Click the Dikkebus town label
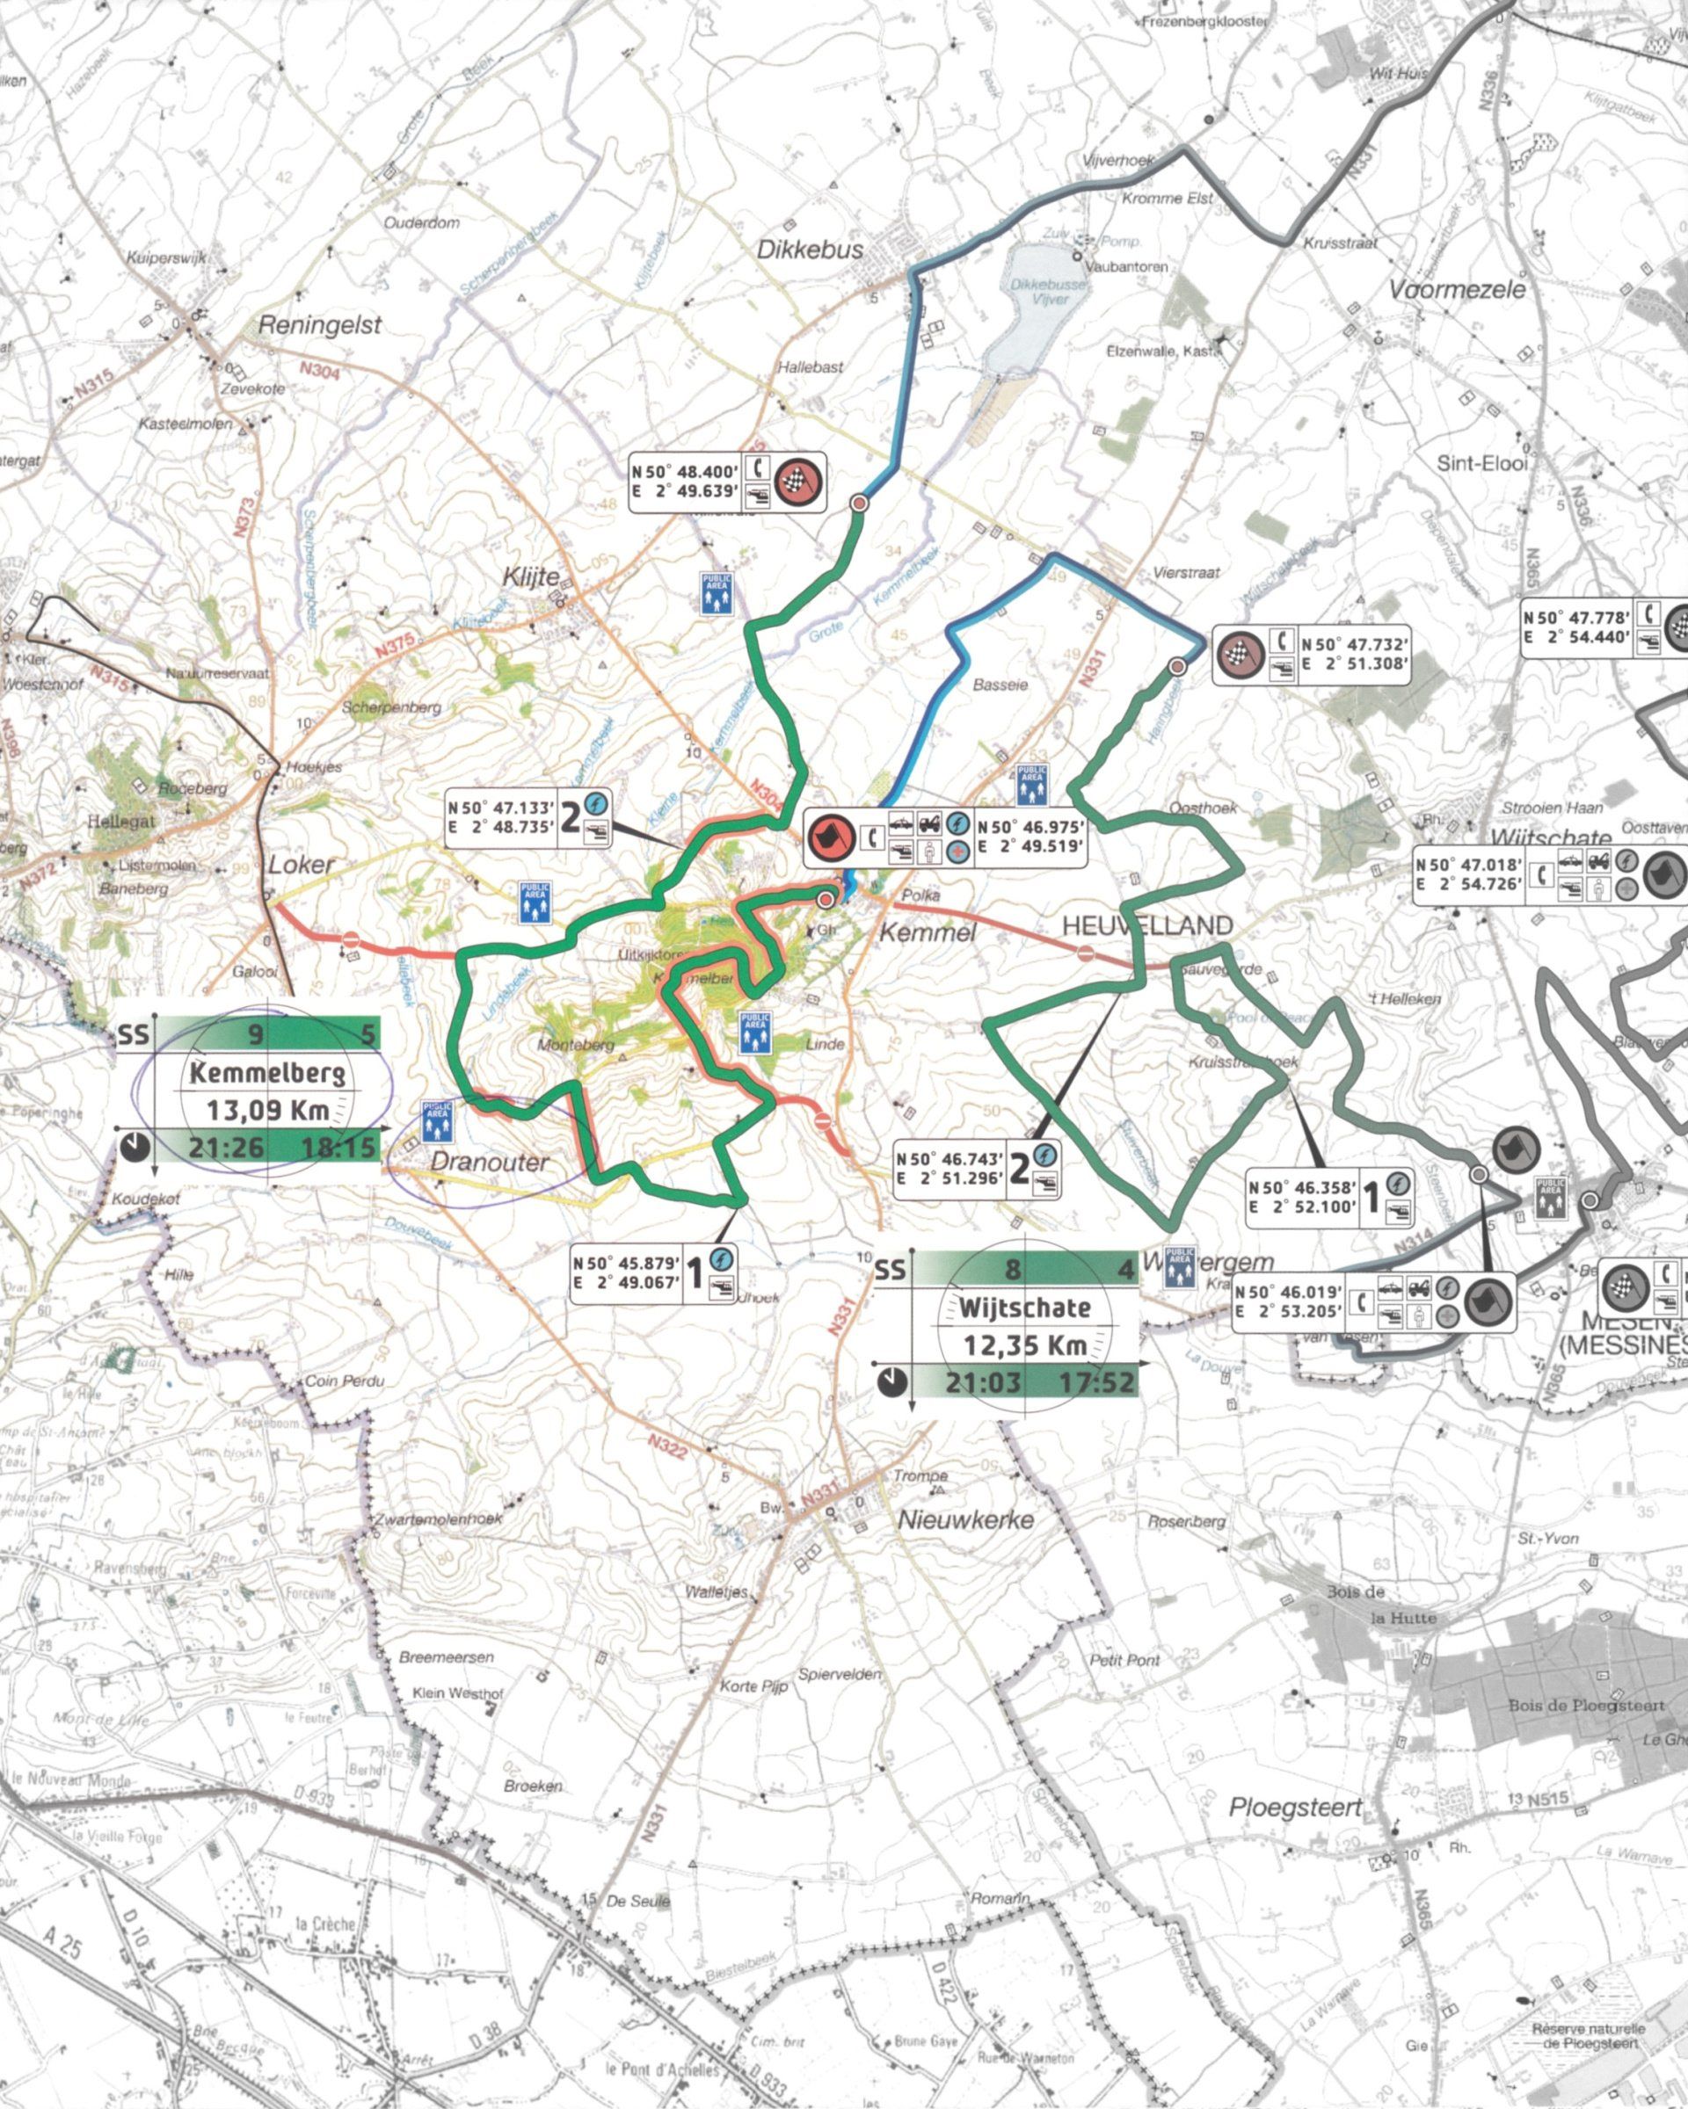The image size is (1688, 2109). pyautogui.click(x=811, y=250)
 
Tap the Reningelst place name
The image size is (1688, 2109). pyautogui.click(x=319, y=326)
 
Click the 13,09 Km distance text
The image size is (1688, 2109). pyautogui.click(x=267, y=1110)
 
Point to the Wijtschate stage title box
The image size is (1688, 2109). pyautogui.click(x=1023, y=1308)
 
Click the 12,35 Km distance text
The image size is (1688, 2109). pyautogui.click(x=1024, y=1345)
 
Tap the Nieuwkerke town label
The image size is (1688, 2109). pyautogui.click(x=966, y=1519)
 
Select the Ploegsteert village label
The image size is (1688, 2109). pyautogui.click(x=1296, y=1808)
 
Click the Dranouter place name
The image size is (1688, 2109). pyautogui.click(x=490, y=1162)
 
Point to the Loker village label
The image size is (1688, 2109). pyautogui.click(x=301, y=865)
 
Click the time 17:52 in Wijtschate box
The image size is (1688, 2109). pyautogui.click(x=1097, y=1382)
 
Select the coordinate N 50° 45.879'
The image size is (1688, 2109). pyautogui.click(x=627, y=1263)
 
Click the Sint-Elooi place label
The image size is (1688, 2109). pyautogui.click(x=1481, y=464)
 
